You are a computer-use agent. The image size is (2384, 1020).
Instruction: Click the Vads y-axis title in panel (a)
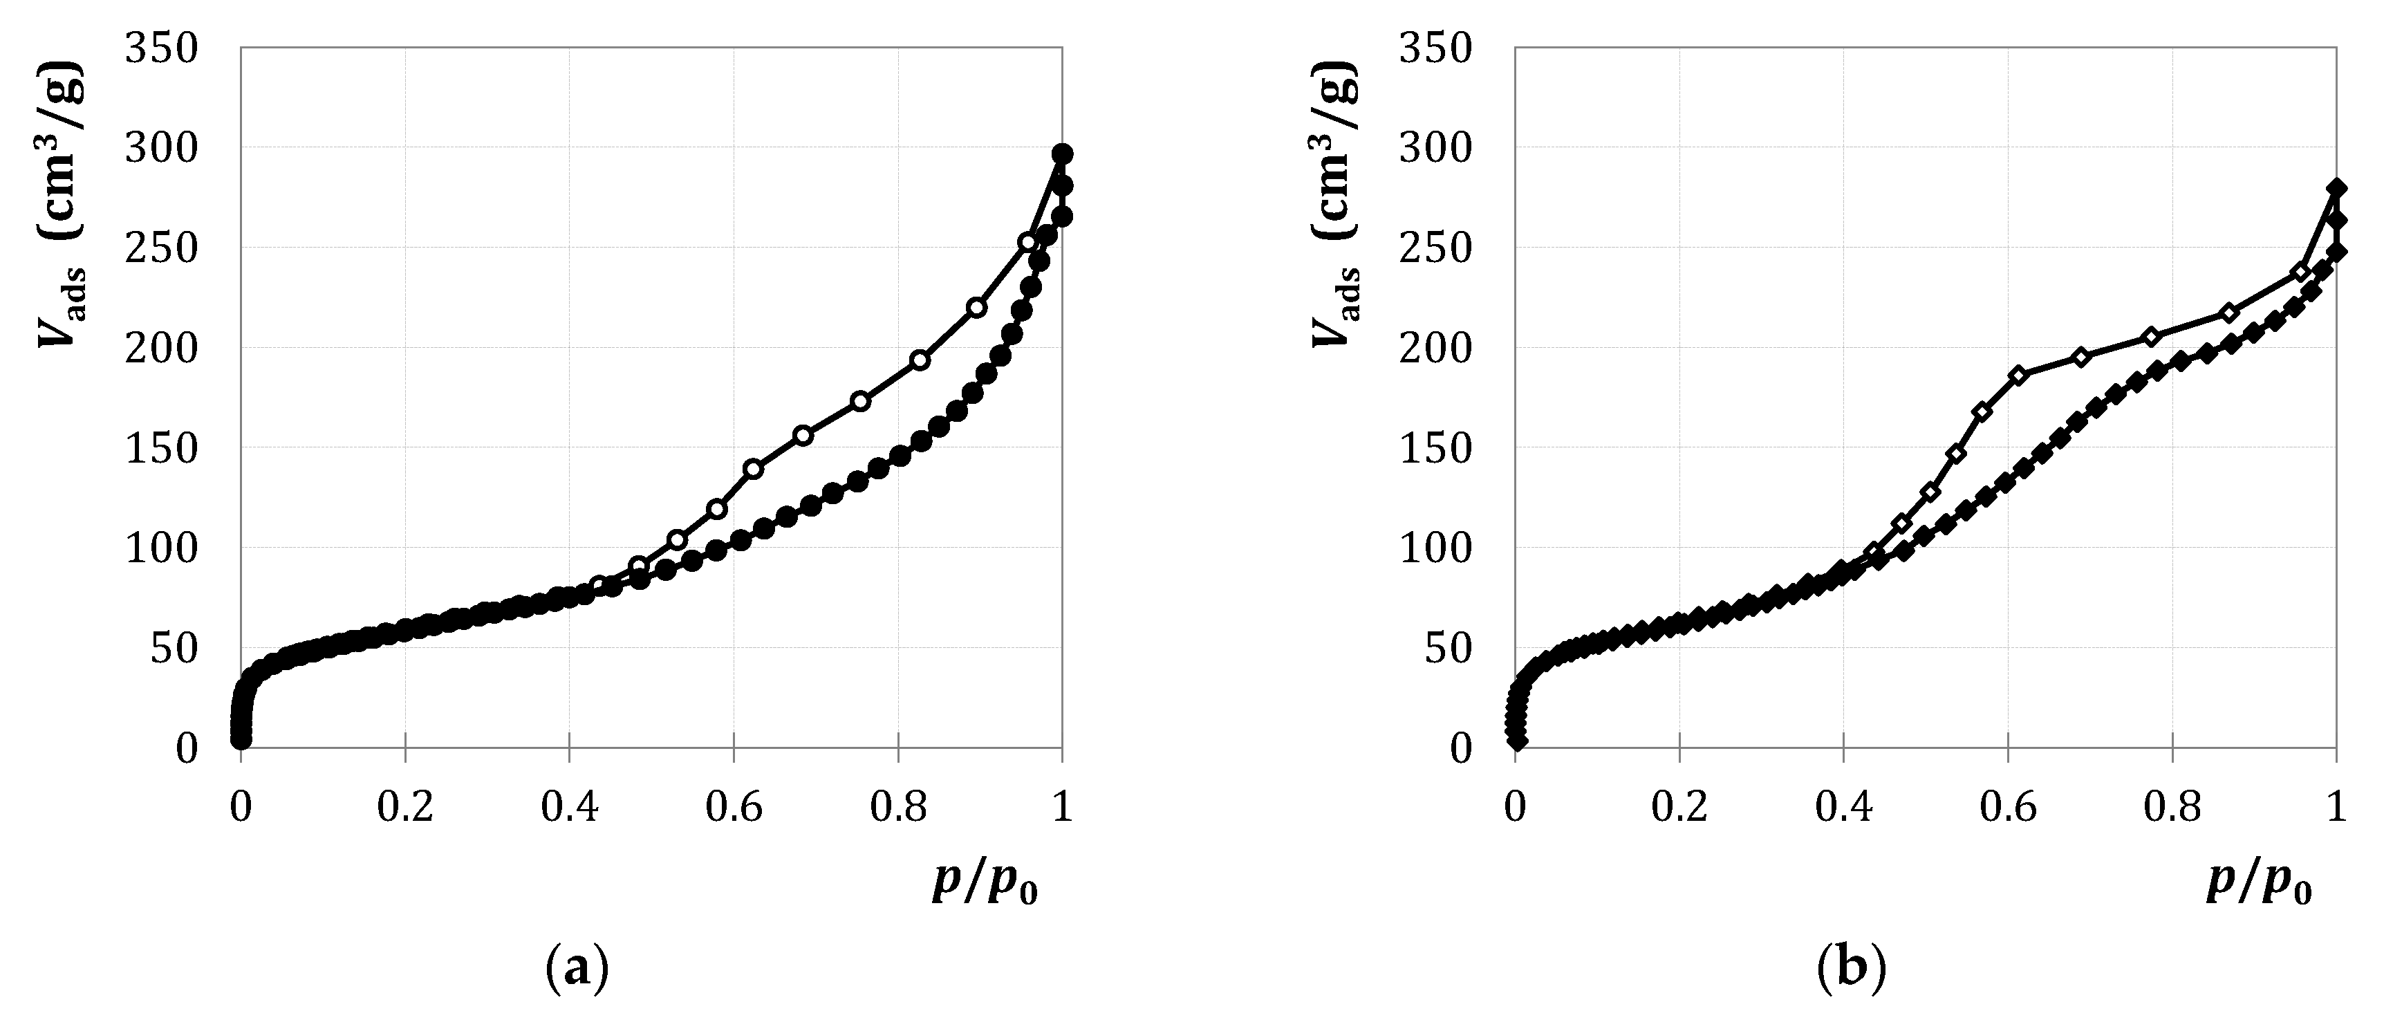tap(60, 203)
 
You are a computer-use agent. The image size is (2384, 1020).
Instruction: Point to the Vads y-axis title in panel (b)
tap(1334, 203)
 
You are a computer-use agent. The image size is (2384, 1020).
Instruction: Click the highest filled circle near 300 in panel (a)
tap(1063, 154)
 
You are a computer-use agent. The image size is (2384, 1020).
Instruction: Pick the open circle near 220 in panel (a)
tap(976, 307)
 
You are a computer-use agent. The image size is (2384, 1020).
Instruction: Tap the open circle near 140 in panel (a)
tap(754, 468)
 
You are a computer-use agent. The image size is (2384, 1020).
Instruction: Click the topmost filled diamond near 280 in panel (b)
tap(2336, 189)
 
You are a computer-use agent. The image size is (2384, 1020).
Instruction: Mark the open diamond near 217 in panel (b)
tap(2229, 312)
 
